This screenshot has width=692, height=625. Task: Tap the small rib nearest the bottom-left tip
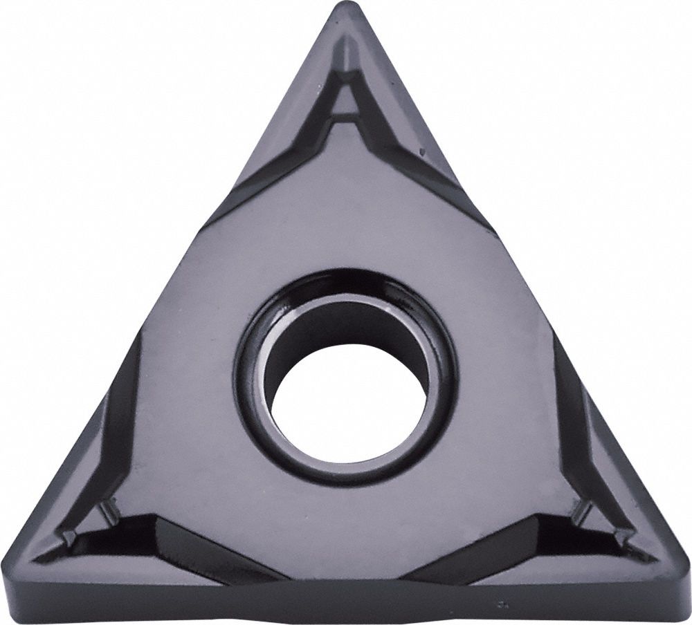pos(69,536)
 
